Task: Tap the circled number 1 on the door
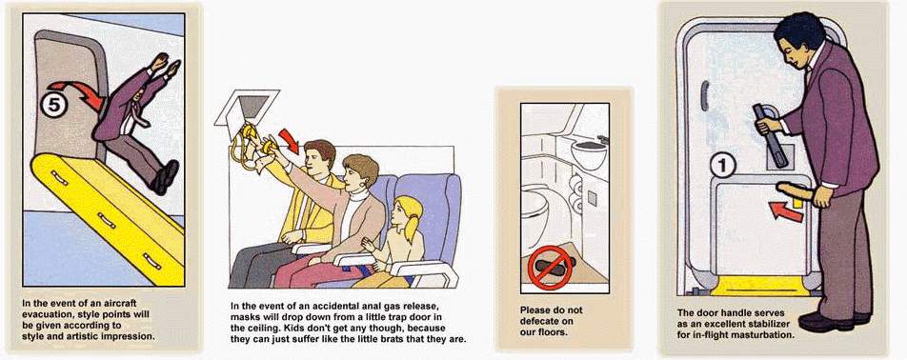click(x=722, y=166)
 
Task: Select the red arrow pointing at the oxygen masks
click(x=289, y=140)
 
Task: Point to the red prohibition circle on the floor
click(x=550, y=267)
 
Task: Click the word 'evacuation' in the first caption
click(x=49, y=314)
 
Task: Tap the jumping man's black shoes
click(x=165, y=176)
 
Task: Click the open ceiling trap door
click(x=247, y=108)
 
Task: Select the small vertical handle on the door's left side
click(x=704, y=96)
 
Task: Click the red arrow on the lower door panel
click(x=786, y=210)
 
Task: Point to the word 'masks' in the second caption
click(x=245, y=316)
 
